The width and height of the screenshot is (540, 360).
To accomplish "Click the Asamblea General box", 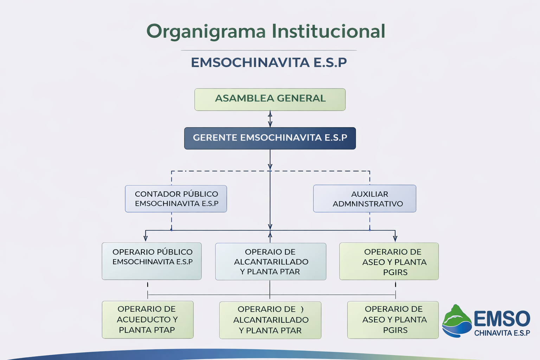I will coord(270,99).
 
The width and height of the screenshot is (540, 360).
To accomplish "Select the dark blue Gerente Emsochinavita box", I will coord(270,138).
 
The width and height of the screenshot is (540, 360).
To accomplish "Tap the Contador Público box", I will coord(176,199).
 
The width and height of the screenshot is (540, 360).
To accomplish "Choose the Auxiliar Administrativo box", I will coord(365,199).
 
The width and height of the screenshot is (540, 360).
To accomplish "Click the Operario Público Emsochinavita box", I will coord(152,261).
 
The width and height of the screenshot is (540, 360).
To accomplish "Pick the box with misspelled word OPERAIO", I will coord(270,261).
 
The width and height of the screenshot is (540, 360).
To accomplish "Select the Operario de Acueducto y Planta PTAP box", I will coord(148,320).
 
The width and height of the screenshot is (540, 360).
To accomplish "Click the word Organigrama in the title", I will coord(206,31).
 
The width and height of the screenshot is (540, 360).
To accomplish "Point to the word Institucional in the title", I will coord(329,31).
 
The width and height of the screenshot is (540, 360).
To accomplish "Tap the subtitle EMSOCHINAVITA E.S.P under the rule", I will coord(269,63).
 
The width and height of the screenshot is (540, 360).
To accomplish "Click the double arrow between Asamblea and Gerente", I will coord(270,119).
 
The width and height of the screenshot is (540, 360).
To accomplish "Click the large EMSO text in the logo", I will coord(502,319).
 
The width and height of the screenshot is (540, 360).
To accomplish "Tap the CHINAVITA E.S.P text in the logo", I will coord(502,333).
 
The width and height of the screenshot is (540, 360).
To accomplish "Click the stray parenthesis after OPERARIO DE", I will coord(302,309).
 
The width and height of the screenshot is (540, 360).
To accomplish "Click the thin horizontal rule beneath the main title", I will coord(269,50).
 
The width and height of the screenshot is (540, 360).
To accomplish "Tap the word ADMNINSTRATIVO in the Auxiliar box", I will coord(368,204).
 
